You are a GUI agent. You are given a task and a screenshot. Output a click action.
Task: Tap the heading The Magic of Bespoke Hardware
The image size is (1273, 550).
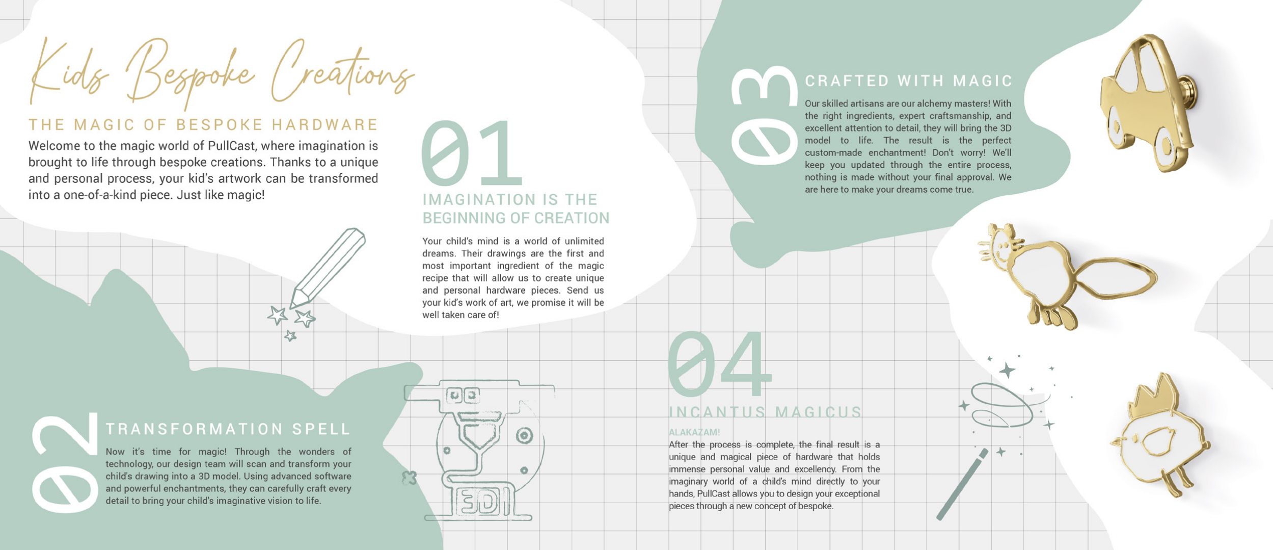pyautogui.click(x=203, y=124)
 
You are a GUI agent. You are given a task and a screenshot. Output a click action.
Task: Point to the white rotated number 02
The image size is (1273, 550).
pyautogui.click(x=65, y=462)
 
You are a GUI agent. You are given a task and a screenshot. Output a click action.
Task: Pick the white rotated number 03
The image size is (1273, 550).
pyautogui.click(x=764, y=115)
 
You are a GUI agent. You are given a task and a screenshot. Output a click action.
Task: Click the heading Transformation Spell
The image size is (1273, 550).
pyautogui.click(x=228, y=429)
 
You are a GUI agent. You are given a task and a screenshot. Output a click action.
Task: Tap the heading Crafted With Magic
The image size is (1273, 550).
pyautogui.click(x=909, y=81)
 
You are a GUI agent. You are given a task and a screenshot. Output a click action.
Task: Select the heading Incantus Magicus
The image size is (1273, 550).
pyautogui.click(x=765, y=412)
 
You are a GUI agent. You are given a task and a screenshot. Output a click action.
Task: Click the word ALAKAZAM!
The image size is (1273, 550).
pyautogui.click(x=694, y=432)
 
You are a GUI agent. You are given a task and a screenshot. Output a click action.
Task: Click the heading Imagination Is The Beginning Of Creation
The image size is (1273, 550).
pyautogui.click(x=516, y=208)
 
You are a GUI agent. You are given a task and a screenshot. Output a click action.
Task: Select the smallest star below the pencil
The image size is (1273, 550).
pyautogui.click(x=290, y=335)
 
